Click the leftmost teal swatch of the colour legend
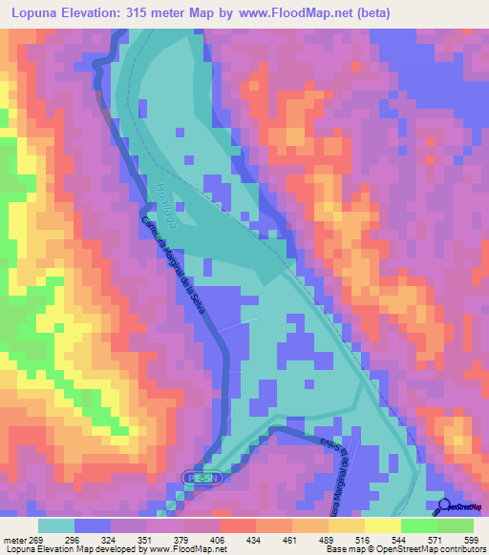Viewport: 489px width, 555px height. pyautogui.click(x=56, y=525)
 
